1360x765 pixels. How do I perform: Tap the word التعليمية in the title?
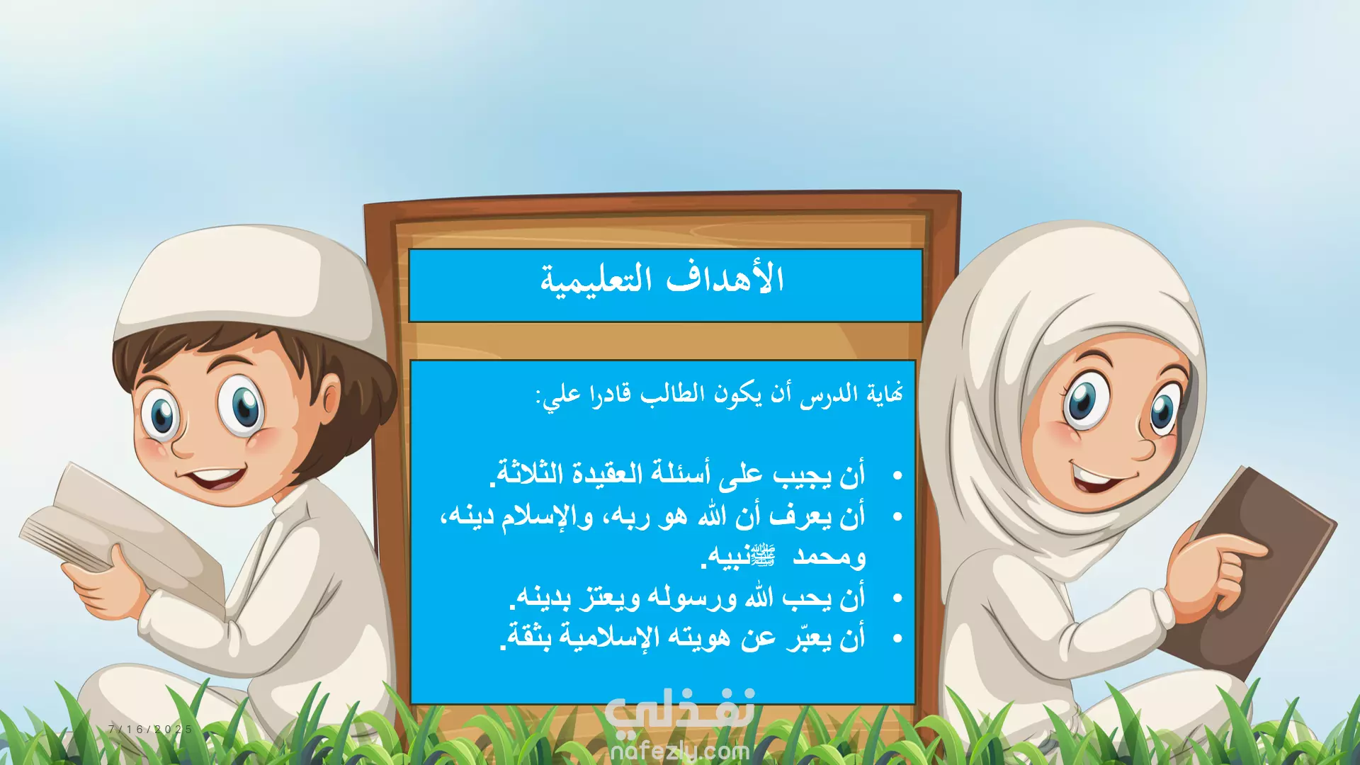596,280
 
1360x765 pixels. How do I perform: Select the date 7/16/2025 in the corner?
150,729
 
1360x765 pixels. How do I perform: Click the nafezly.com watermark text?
679,751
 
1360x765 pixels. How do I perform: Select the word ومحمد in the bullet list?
829,557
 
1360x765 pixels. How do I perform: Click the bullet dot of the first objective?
897,476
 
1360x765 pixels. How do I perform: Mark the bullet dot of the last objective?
897,639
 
